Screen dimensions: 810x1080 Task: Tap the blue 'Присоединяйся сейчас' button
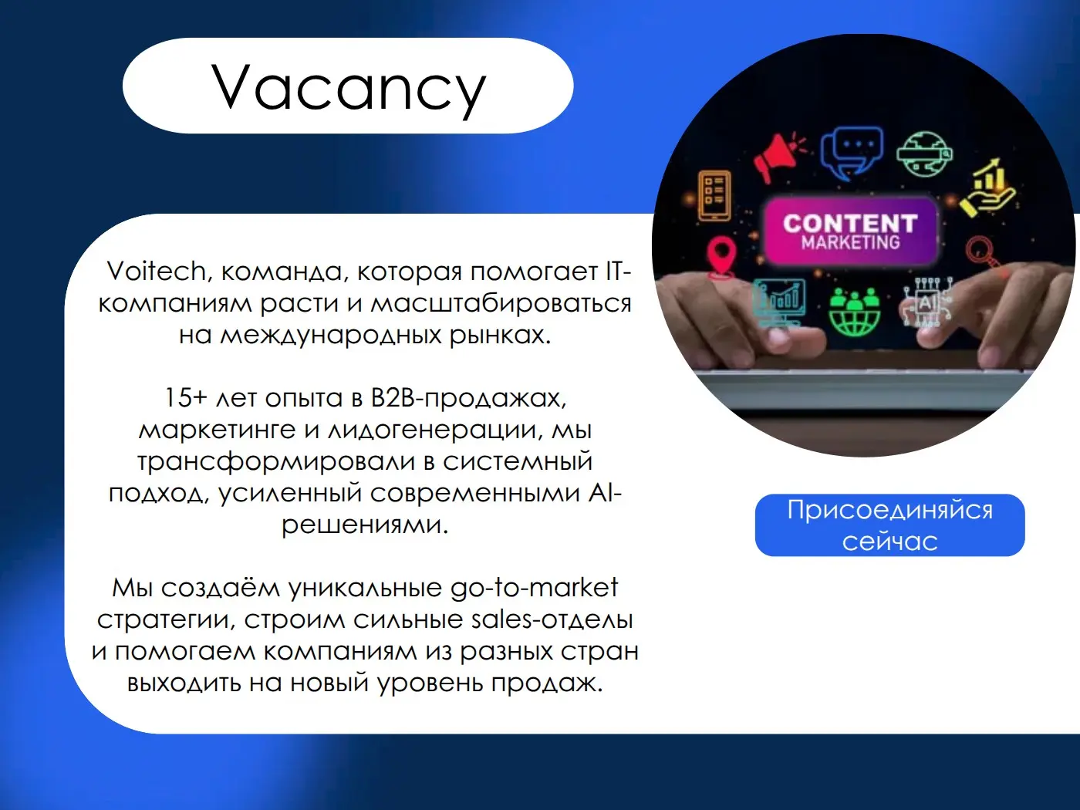889,525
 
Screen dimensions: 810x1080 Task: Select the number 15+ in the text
185,398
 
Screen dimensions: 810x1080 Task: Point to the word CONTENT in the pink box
850,223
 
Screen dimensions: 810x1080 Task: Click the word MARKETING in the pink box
850,243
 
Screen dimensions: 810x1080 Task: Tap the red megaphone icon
778,157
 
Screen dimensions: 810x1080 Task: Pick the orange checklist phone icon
714,194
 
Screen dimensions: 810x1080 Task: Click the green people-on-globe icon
854,312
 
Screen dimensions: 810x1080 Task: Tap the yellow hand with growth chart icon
988,188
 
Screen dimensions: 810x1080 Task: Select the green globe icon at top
923,154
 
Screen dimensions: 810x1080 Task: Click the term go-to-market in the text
534,588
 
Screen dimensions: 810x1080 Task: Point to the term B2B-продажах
468,398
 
